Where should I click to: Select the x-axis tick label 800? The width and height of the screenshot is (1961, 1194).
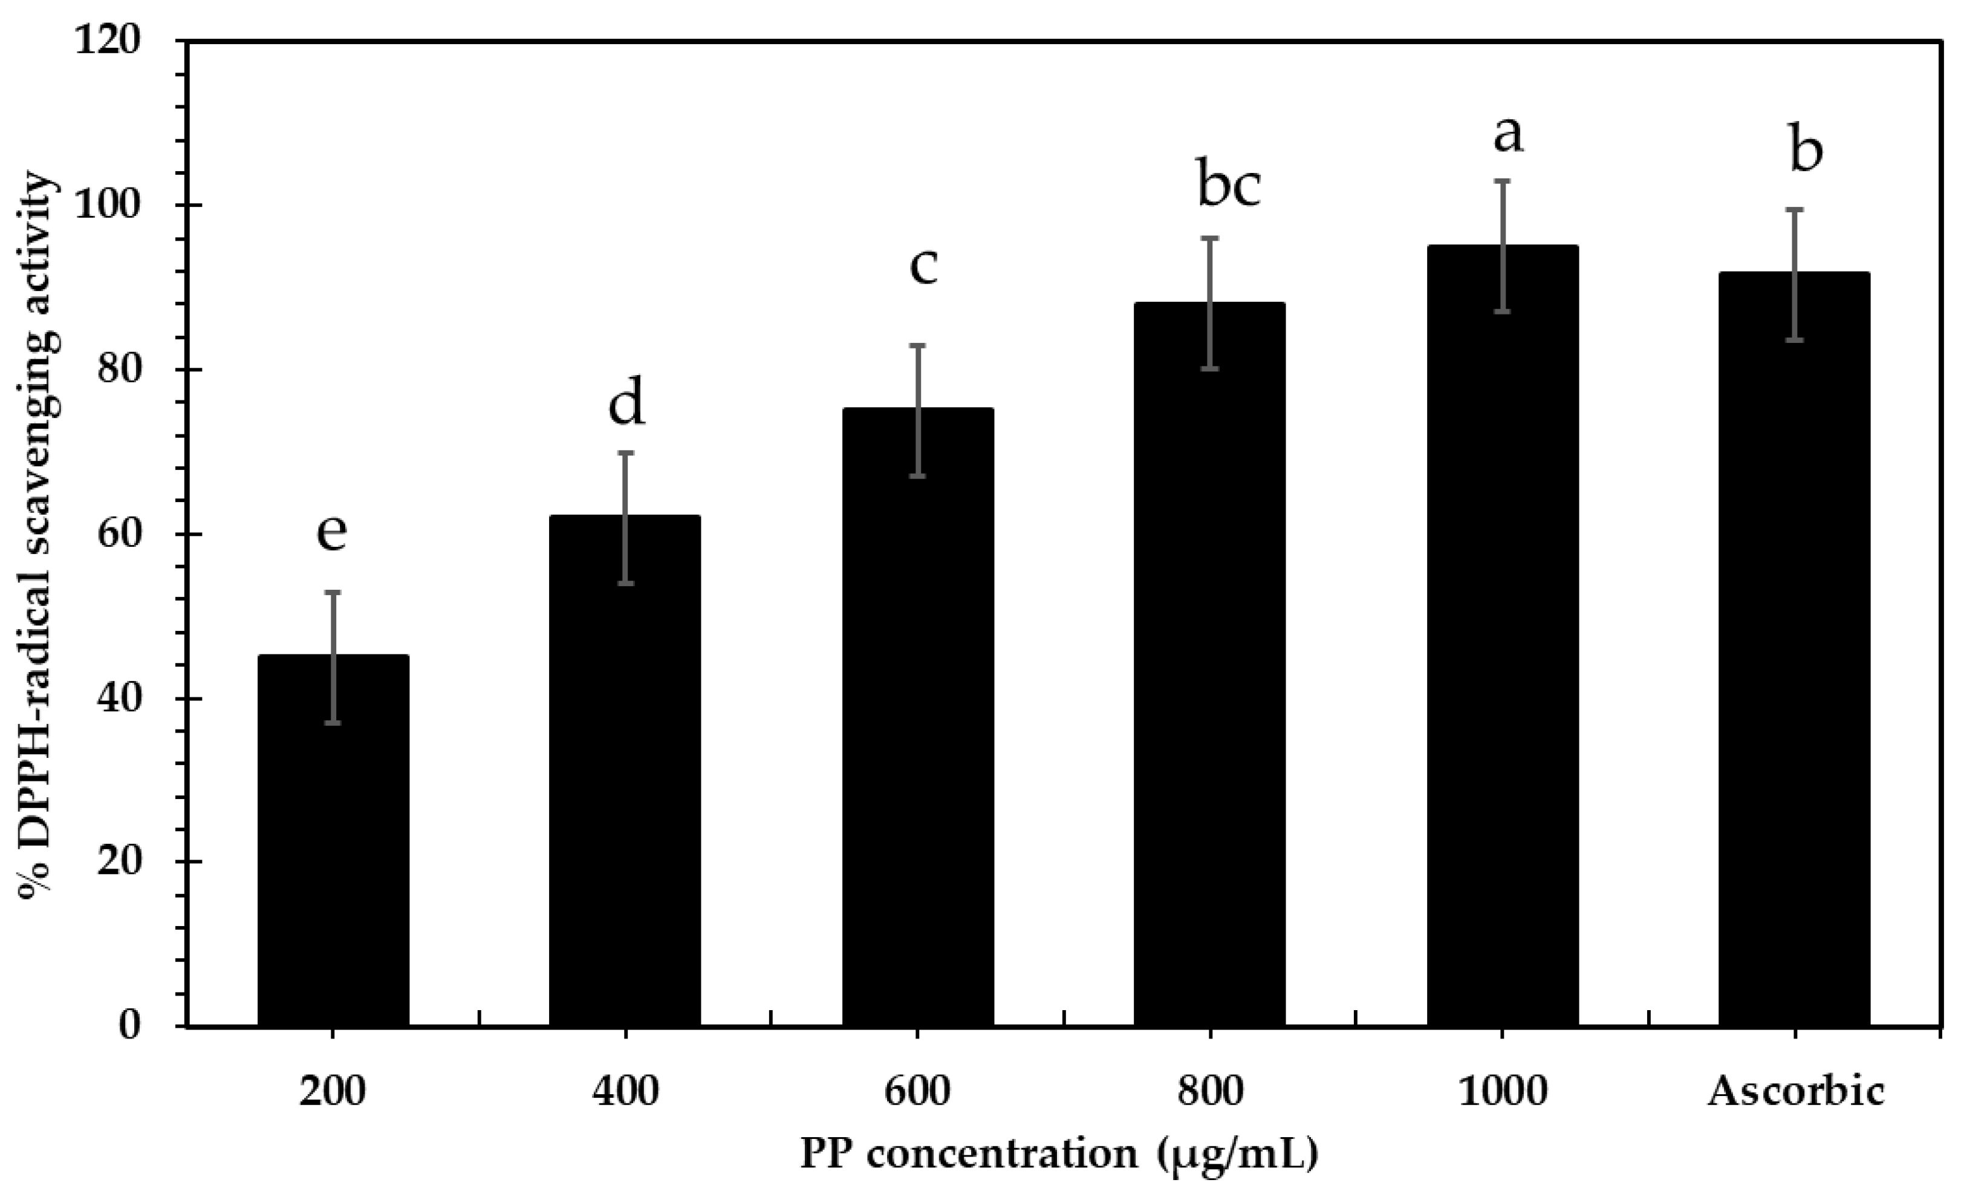coord(1210,1091)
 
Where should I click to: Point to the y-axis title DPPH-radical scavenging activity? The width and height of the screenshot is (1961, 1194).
coord(38,533)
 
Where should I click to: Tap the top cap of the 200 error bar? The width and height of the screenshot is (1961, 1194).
coord(333,592)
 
